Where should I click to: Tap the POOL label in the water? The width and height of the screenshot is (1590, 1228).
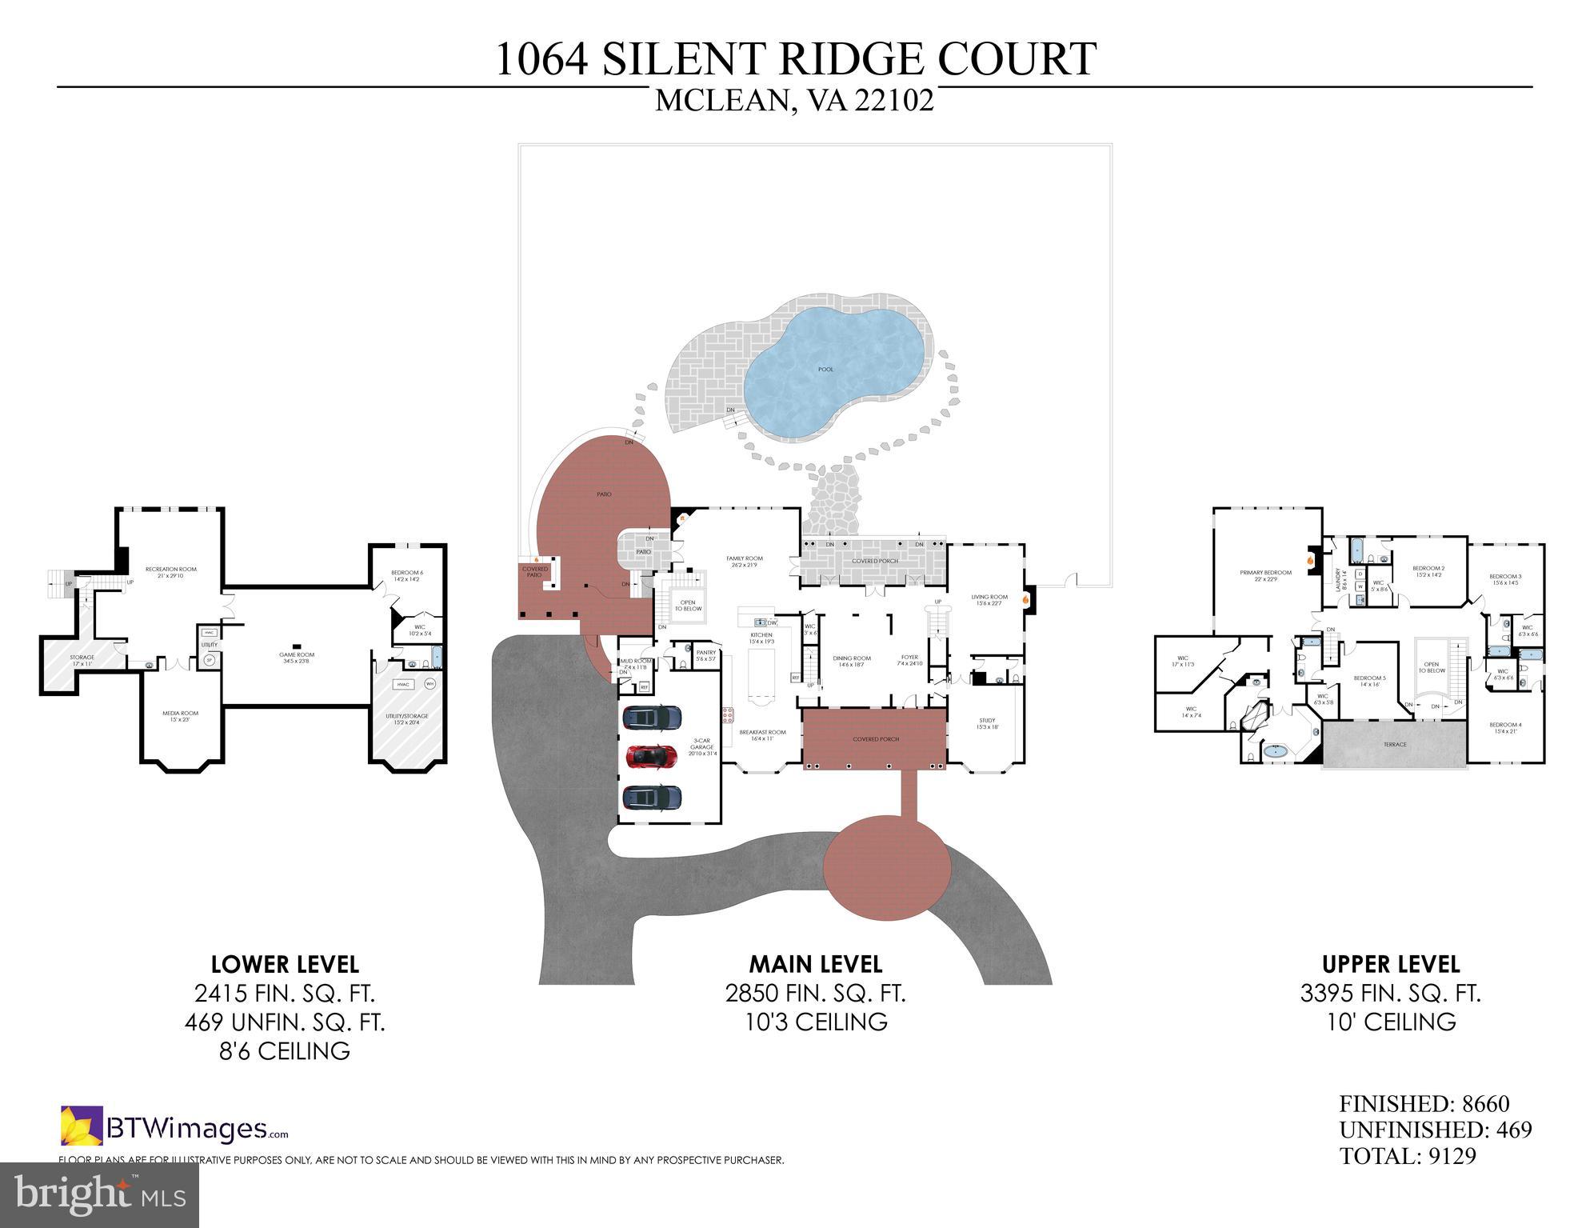(825, 370)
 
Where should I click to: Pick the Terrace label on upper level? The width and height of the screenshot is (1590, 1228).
(1394, 745)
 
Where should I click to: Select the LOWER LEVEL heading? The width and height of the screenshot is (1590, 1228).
(285, 964)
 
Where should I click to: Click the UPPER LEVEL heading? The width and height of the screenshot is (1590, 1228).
(1391, 964)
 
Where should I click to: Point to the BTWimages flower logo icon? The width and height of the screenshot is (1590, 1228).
(82, 1126)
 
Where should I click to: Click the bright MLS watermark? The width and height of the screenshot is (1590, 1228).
(99, 1195)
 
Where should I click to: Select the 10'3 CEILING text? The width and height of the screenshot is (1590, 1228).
(815, 1022)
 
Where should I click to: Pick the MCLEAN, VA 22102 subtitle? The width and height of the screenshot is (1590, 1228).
(794, 101)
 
